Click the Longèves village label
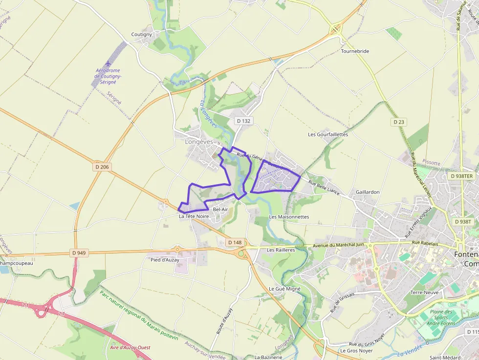199,142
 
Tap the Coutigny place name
142,34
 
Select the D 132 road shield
243,121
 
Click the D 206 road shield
102,167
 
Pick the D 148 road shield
235,242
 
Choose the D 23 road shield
397,122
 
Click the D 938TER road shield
461,176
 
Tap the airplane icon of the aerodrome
108,64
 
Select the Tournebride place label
355,51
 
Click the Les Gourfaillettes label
328,134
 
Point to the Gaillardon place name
368,192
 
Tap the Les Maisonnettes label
289,216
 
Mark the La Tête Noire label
194,216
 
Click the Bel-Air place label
220,210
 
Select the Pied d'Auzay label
165,260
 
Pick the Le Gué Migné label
284,289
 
